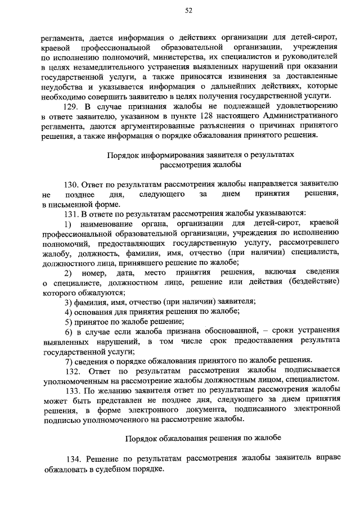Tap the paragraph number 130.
point(72,184)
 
